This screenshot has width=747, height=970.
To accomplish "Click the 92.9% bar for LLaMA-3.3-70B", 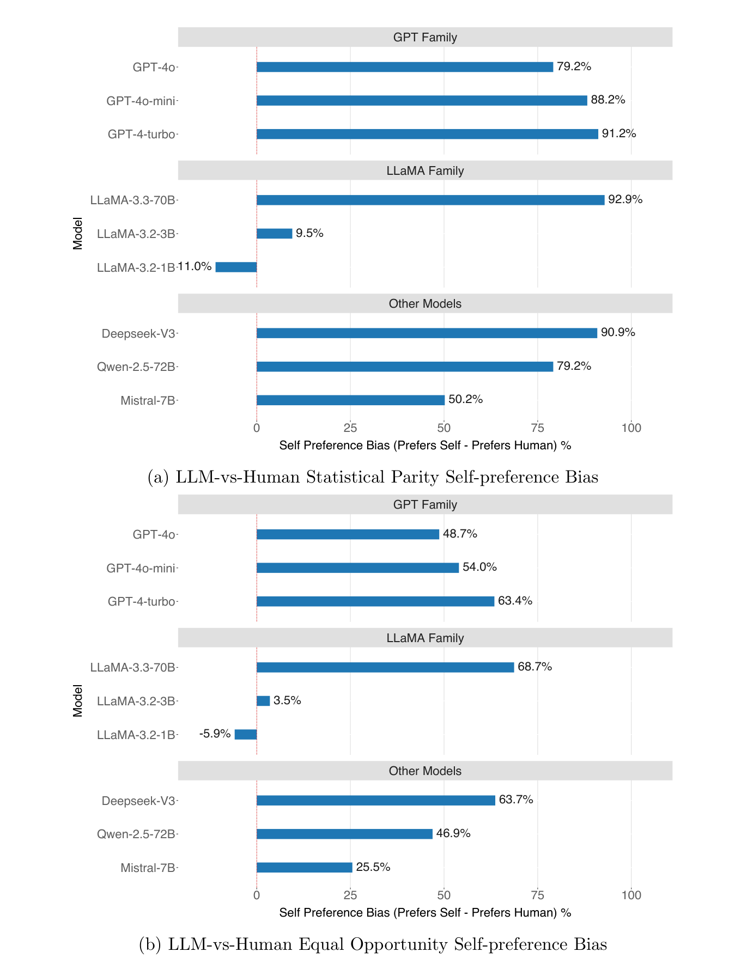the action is coord(430,200).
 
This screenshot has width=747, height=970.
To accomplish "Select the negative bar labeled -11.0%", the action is coord(236,267).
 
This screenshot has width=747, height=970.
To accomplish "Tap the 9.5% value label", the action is coord(309,233).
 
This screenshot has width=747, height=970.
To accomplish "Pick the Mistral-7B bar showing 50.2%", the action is coord(350,400).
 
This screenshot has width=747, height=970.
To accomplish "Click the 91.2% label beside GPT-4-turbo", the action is coord(619,133).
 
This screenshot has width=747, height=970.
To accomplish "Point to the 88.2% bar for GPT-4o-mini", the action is coord(422,100).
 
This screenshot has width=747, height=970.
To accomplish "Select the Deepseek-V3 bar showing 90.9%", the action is coord(427,333).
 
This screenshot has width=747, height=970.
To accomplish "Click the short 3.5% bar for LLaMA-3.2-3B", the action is coord(263,701).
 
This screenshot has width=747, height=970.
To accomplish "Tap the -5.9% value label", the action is coord(215,734).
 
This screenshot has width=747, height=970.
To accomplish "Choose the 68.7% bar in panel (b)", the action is coord(385,667).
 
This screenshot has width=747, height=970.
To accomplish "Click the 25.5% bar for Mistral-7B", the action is coord(305,868).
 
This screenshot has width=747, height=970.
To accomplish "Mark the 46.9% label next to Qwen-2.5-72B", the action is coord(453,833).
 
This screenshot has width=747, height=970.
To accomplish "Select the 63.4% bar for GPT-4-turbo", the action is coord(375,601).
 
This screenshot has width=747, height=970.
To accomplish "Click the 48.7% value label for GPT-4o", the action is coord(460,534).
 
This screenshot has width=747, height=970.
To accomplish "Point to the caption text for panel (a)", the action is coord(373,477).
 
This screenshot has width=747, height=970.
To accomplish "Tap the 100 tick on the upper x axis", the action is coord(631,428).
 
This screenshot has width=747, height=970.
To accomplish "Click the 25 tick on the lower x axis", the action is coord(350,895).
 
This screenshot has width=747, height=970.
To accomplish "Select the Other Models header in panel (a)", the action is coord(425,304).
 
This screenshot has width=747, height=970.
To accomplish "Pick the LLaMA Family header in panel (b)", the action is coord(425,638).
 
